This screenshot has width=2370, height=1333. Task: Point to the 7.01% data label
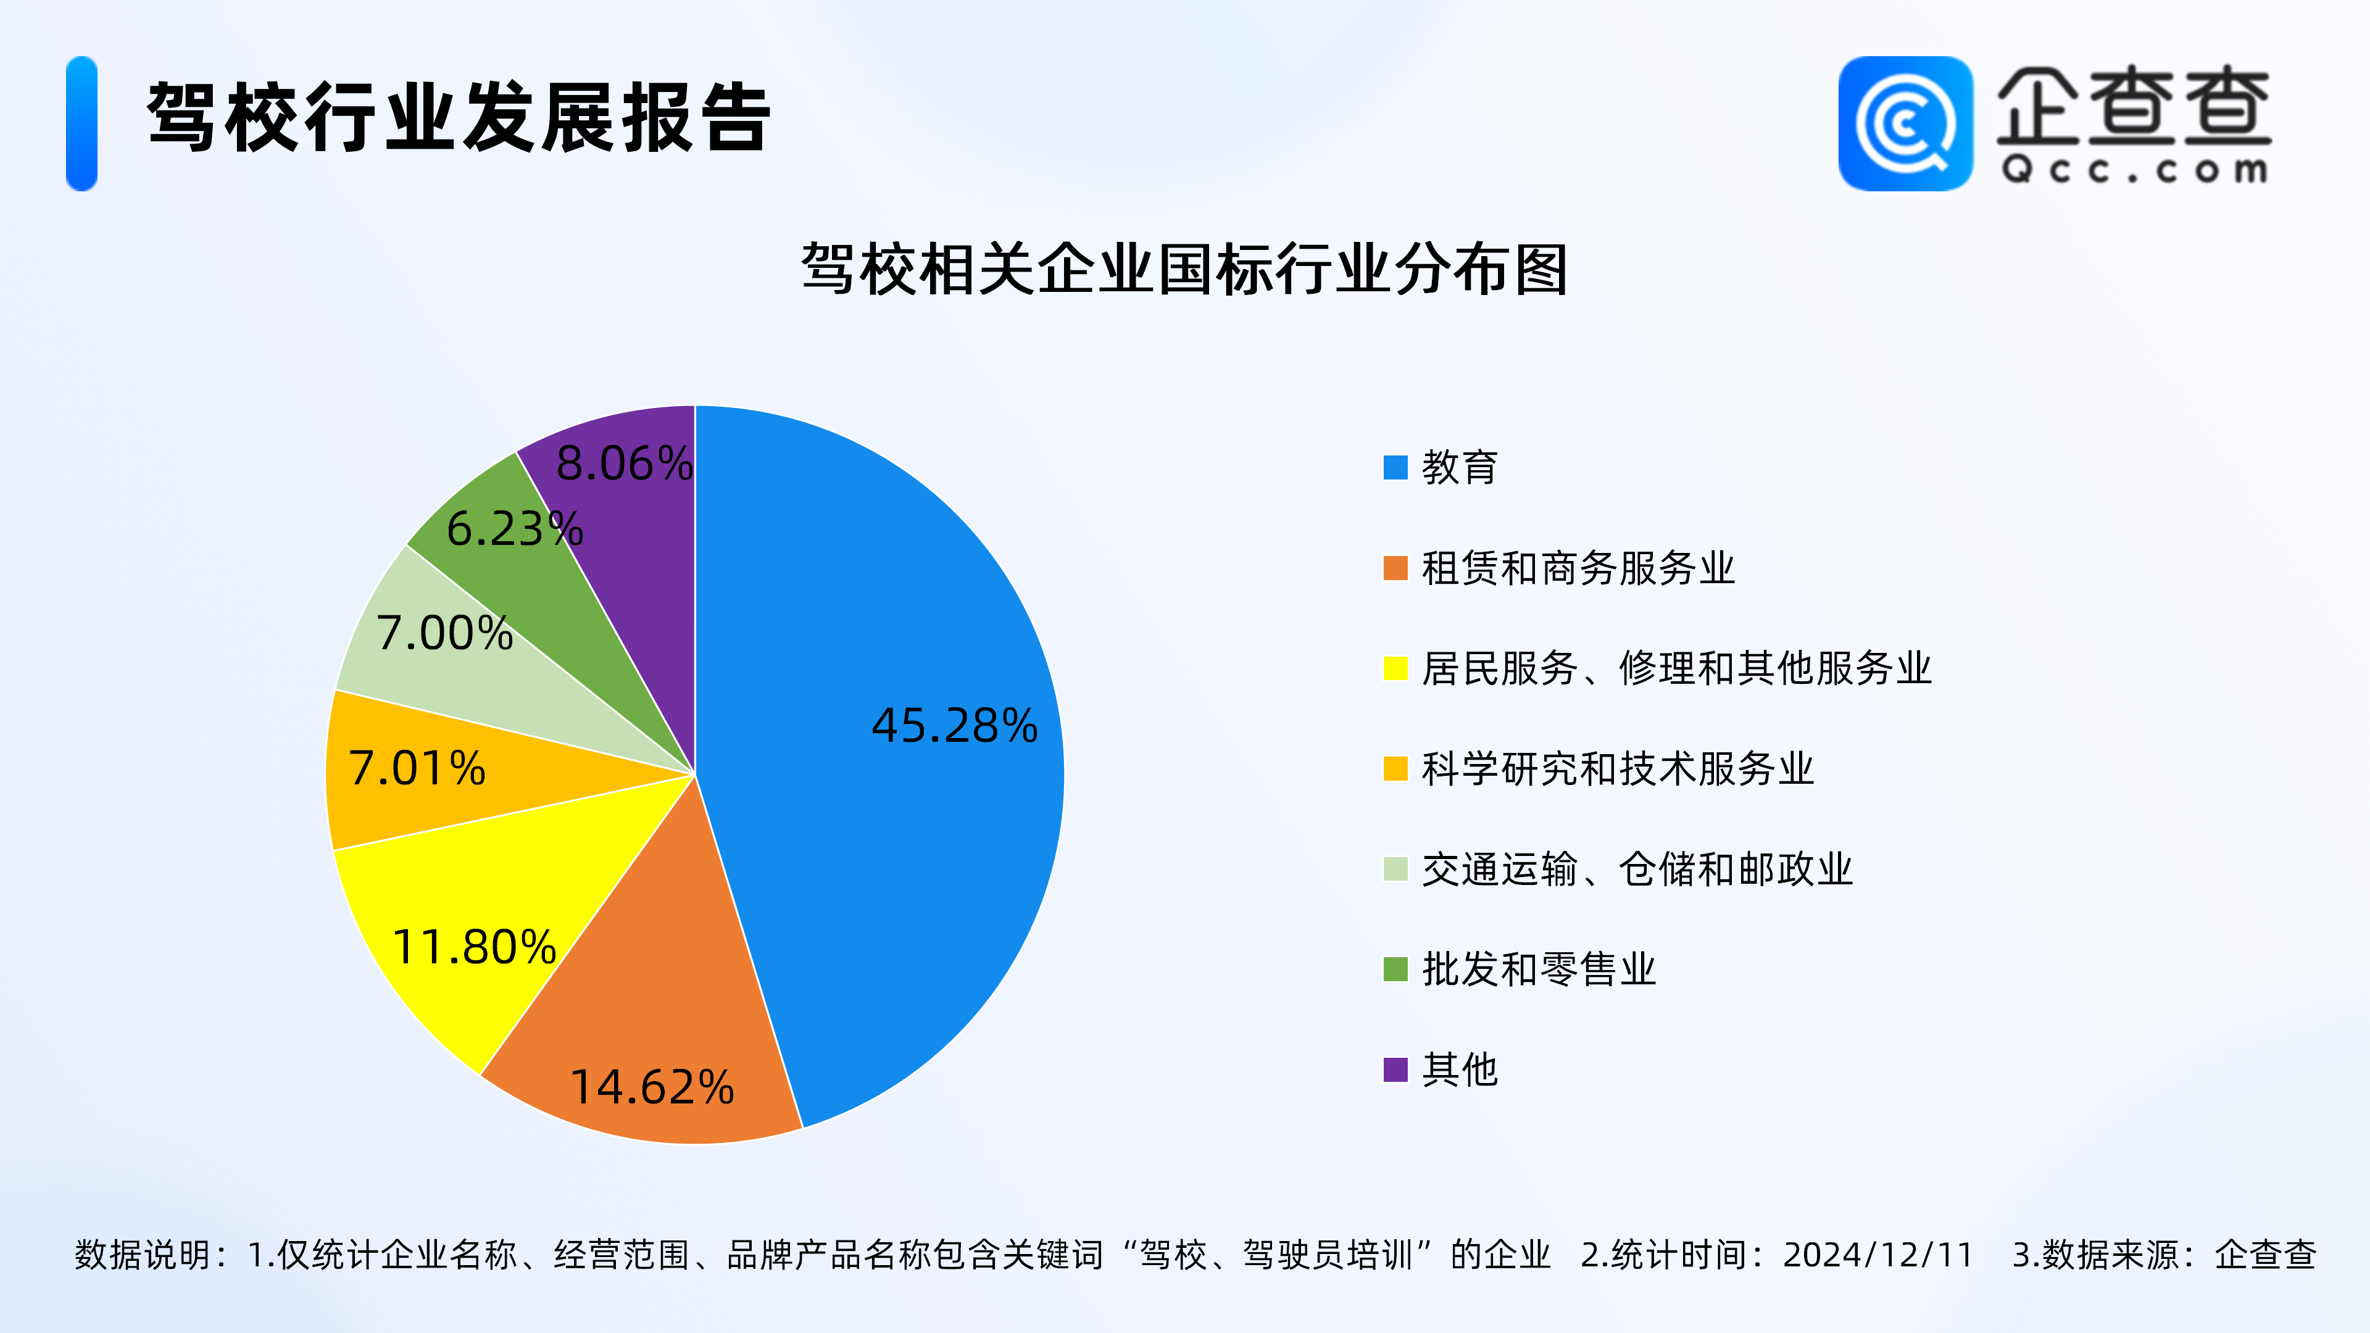417,768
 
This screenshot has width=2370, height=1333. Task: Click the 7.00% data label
444,633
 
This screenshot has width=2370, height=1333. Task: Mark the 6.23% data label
514,529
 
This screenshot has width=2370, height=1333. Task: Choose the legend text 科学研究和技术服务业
1618,768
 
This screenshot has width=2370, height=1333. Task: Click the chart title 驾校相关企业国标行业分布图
1184,270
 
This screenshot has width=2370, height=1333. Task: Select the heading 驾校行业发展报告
458,117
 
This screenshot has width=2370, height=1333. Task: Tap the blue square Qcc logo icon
1905,123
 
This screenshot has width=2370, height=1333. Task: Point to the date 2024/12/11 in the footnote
1877,1255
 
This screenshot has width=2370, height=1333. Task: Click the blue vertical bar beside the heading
82,123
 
